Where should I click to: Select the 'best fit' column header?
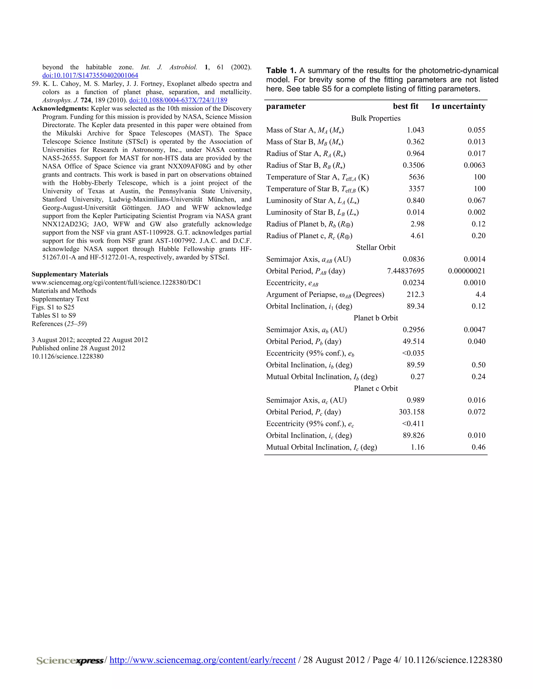pyautogui.click(x=405, y=106)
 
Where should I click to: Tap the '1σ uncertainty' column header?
pyautogui.click(x=458, y=106)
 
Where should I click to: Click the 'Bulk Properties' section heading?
pyautogui.click(x=376, y=118)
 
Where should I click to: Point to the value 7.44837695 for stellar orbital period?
pyautogui.click(x=405, y=271)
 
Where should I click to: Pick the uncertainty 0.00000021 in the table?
pyautogui.click(x=466, y=271)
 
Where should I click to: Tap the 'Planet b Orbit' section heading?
pyautogui.click(x=376, y=318)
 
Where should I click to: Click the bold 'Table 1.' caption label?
pyautogui.click(x=281, y=71)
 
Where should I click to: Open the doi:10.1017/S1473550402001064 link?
pyautogui.click(x=90, y=75)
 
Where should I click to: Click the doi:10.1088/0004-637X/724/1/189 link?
pyautogui.click(x=178, y=100)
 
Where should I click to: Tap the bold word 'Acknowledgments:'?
pyautogui.click(x=60, y=108)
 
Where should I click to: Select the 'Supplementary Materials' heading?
pyautogui.click(x=69, y=274)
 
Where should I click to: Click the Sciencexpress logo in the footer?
pyautogui.click(x=70, y=660)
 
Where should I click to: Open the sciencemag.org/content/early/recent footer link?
pyautogui.click(x=202, y=660)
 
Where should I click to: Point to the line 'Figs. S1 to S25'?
pyautogui.click(x=53, y=307)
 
